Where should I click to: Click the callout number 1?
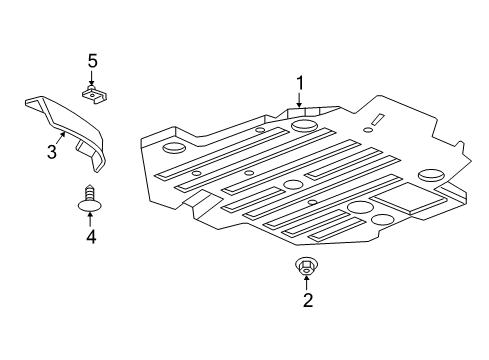click(297, 83)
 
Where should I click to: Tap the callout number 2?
click(307, 300)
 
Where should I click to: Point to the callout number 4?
click(90, 237)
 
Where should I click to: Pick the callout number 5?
click(92, 62)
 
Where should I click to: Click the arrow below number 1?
click(297, 101)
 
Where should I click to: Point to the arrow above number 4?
click(90, 220)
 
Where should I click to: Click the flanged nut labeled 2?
click(306, 265)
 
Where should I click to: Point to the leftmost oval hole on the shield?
click(174, 150)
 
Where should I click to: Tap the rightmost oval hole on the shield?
click(432, 176)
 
